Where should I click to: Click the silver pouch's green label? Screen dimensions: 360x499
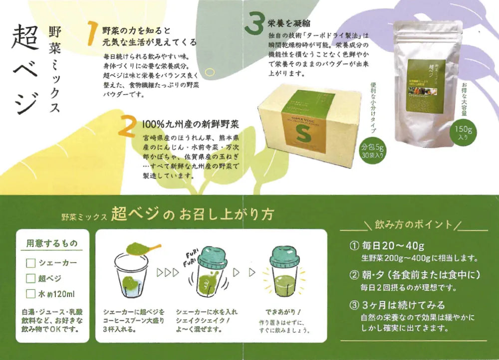point(426,85)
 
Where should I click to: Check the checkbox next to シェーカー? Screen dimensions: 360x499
point(30,263)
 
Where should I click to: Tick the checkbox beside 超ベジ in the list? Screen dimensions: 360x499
point(30,278)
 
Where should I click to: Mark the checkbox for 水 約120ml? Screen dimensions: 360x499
point(30,294)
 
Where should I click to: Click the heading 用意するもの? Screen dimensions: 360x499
point(52,244)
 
